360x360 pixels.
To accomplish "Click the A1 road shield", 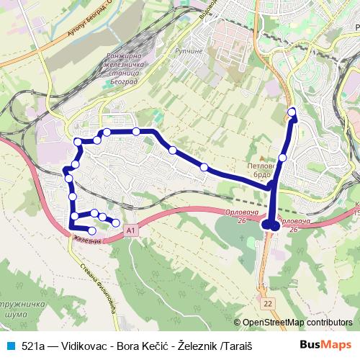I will pos(130,230).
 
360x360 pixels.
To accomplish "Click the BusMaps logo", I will pos(325,345).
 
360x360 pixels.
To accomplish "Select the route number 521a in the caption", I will pos(33,346).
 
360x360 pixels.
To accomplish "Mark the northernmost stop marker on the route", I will pos(292,112).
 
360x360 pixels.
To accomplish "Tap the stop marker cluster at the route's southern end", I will pos(271,226).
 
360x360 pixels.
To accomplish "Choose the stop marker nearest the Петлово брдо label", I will pos(282,157).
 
